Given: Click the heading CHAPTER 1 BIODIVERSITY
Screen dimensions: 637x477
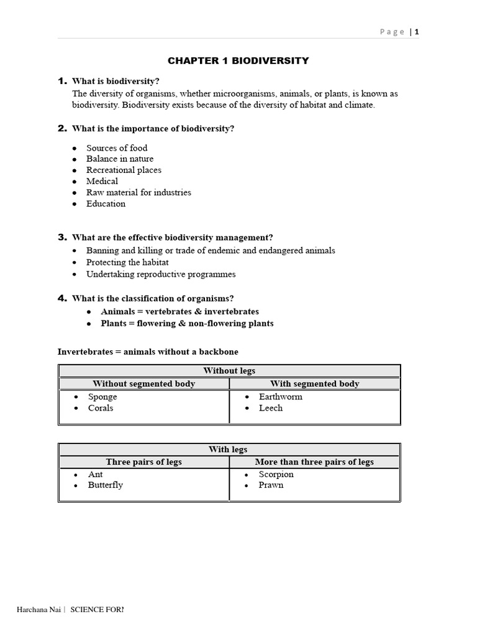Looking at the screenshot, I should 238,60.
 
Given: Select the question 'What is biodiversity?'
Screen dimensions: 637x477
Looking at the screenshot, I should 116,81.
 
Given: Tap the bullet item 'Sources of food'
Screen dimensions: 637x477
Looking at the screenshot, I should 117,148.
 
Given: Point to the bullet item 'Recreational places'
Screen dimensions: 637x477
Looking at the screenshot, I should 124,170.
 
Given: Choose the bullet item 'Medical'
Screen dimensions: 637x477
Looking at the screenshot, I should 102,181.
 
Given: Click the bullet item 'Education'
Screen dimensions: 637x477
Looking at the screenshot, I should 106,203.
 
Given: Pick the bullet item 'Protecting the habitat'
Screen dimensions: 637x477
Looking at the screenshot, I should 127,263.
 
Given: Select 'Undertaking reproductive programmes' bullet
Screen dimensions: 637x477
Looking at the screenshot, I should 161,274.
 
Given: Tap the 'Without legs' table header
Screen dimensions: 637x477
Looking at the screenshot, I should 229,371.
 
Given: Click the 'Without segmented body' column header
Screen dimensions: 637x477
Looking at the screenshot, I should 143,384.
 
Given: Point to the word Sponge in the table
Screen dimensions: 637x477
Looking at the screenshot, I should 102,397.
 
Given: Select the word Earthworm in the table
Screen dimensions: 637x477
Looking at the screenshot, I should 281,397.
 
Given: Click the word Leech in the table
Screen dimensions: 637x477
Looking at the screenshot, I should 271,408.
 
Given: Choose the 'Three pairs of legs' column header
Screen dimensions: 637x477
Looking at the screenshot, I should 143,462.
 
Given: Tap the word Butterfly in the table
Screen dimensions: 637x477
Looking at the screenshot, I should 106,485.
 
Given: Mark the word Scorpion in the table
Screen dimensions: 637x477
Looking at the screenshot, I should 276,475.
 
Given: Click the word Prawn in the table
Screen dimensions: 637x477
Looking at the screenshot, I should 271,485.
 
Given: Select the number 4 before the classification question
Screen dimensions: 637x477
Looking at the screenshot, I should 61,298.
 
